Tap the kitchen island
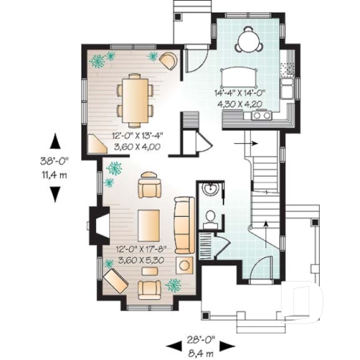coord(239,76)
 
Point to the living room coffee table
coord(150,226)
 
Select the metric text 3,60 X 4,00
coord(135,146)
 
